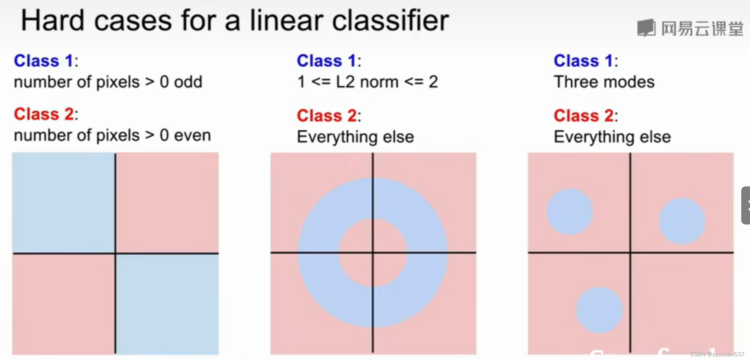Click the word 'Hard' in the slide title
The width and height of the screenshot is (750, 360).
[53, 21]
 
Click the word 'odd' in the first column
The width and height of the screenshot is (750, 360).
[188, 82]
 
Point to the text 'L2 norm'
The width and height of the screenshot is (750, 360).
[367, 82]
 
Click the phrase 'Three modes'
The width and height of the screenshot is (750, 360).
[604, 82]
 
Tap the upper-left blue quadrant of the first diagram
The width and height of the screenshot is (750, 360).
[64, 203]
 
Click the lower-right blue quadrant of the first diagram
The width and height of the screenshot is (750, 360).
[167, 304]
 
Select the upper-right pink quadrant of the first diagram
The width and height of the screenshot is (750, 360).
[167, 203]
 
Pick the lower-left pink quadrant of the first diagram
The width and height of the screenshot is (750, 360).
[64, 304]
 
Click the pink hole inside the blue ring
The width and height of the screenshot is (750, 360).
[373, 253]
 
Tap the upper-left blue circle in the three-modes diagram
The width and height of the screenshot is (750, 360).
[570, 212]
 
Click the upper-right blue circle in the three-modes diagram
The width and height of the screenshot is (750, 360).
[682, 221]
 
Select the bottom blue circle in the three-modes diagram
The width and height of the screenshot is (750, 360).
[600, 310]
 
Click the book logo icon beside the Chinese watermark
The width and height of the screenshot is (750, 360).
[646, 28]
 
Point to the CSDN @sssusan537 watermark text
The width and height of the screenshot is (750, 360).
[717, 354]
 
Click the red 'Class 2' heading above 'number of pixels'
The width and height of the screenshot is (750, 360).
[44, 114]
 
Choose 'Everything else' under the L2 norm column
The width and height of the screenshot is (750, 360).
[355, 137]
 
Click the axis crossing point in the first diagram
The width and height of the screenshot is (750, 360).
[115, 253]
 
